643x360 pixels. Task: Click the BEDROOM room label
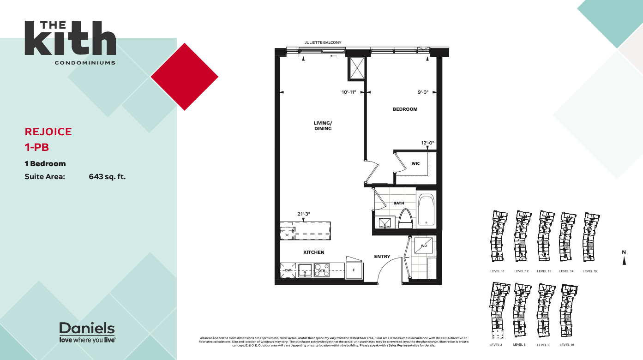click(x=405, y=109)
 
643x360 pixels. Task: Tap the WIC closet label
click(x=415, y=163)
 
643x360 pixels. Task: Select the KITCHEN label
click(x=313, y=252)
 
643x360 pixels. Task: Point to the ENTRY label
click(x=382, y=257)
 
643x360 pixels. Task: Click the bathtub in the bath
click(x=426, y=210)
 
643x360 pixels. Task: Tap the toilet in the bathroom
click(x=405, y=218)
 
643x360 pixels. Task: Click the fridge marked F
click(x=354, y=270)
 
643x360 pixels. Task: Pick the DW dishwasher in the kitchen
click(x=288, y=270)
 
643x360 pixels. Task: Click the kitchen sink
click(x=305, y=270)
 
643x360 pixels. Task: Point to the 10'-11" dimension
click(x=349, y=92)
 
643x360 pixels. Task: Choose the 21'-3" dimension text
click(x=304, y=214)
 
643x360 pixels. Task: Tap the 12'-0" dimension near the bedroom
click(x=427, y=143)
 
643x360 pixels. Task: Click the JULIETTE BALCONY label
click(x=323, y=43)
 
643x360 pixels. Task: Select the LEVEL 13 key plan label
click(x=544, y=271)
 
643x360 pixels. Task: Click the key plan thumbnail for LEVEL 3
click(x=499, y=311)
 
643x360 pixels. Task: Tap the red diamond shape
click(x=185, y=77)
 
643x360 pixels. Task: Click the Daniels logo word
click(x=87, y=329)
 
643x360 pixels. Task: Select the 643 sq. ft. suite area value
click(x=107, y=176)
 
